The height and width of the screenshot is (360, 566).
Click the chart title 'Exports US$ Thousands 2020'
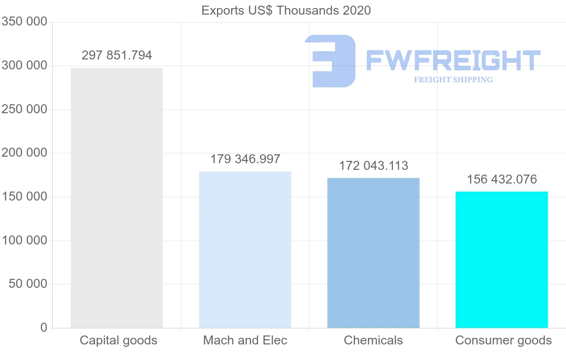click(286, 10)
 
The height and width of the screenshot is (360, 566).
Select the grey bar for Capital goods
click(117, 198)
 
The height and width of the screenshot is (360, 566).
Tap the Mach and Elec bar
click(245, 250)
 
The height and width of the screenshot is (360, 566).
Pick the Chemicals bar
click(373, 252)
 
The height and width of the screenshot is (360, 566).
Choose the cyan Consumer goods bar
click(501, 260)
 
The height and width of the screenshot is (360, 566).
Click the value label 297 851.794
click(117, 56)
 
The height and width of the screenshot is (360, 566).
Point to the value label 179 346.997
click(245, 159)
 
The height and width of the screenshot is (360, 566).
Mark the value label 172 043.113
click(373, 166)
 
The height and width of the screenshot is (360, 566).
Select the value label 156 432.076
click(501, 179)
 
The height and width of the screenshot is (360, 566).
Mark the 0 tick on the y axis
click(44, 327)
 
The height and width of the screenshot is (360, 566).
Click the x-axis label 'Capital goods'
click(118, 340)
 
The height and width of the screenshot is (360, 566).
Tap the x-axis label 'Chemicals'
click(373, 340)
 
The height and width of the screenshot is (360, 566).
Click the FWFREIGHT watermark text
click(453, 60)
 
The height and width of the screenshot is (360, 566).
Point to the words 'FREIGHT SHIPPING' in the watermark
click(453, 80)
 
